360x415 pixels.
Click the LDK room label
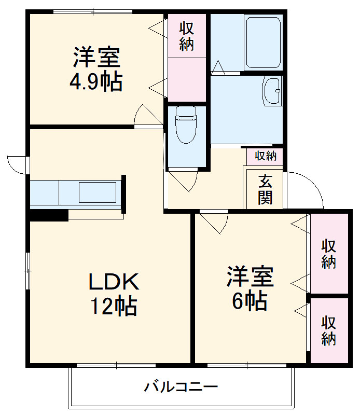[x=114, y=282]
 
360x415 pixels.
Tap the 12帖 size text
[x=114, y=306]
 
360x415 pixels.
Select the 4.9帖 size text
[x=96, y=81]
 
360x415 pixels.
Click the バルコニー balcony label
[x=181, y=386]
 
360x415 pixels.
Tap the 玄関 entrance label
[x=265, y=189]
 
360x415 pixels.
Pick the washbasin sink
[x=272, y=90]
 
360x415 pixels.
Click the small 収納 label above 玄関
[x=265, y=155]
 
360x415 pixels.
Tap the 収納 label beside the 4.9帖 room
[x=187, y=36]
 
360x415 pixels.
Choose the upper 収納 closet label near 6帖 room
[x=329, y=254]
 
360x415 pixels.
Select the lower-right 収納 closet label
[x=329, y=330]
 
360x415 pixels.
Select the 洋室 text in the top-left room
[x=96, y=58]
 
